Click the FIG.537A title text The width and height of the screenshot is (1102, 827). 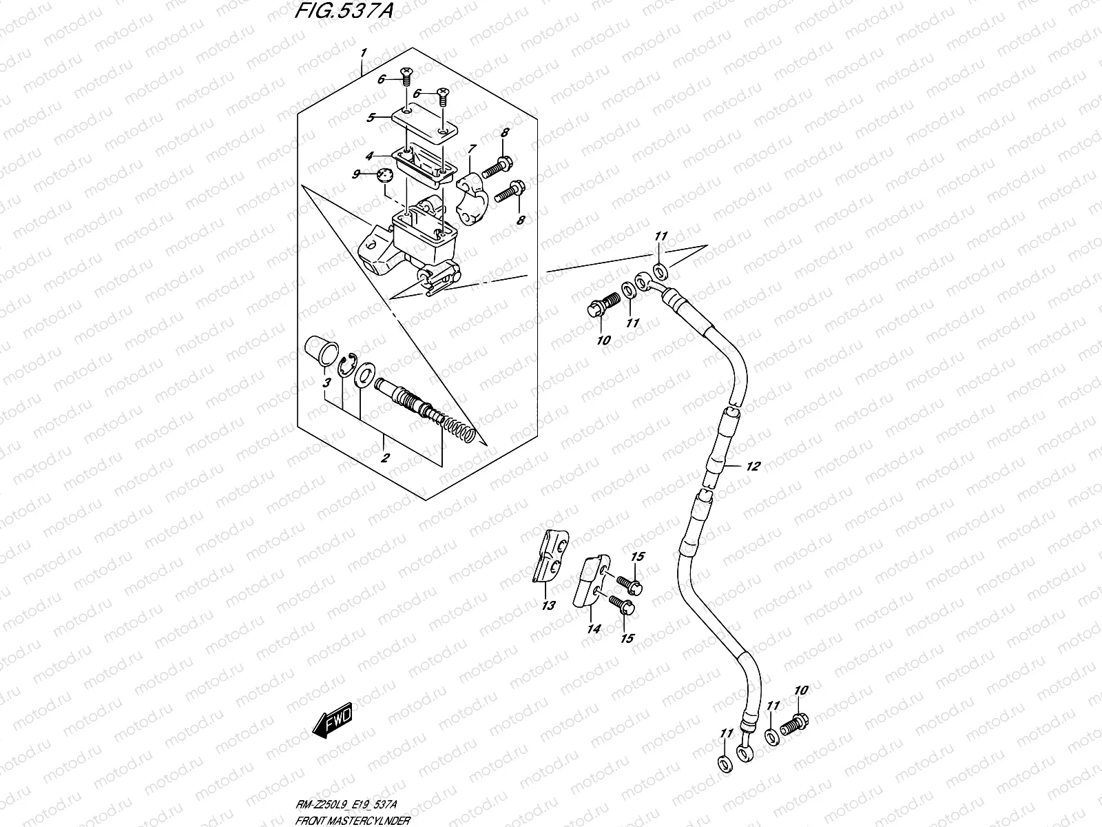click(344, 10)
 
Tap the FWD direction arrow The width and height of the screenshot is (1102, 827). click(333, 721)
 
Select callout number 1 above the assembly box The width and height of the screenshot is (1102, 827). click(364, 53)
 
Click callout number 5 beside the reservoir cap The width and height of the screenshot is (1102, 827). click(371, 117)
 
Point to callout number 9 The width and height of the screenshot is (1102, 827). click(356, 174)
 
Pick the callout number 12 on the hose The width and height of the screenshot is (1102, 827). click(753, 466)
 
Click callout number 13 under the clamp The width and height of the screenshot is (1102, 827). click(548, 605)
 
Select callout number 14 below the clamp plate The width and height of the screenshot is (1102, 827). click(594, 628)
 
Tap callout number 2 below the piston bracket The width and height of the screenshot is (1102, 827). click(385, 458)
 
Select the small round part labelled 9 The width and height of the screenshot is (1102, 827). click(384, 175)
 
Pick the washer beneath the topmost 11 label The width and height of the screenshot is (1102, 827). click(659, 272)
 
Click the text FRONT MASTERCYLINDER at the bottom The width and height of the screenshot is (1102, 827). click(353, 821)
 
